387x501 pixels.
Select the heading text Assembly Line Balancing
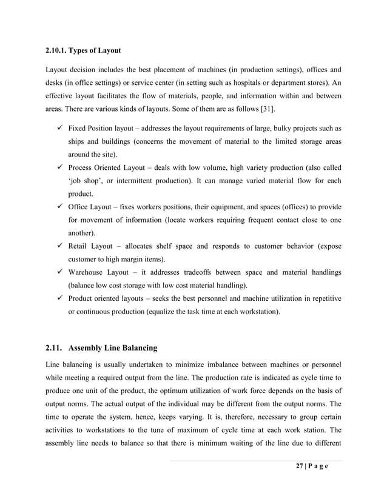[113, 348]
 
